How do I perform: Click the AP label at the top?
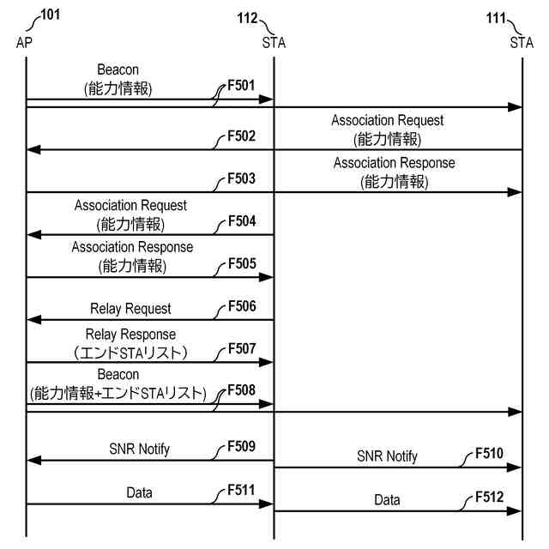[25, 41]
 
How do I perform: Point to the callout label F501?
[241, 87]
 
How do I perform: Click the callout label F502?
[241, 136]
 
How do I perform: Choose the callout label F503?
[241, 178]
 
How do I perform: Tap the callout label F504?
[241, 220]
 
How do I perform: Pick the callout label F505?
[241, 263]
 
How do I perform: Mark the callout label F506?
[241, 305]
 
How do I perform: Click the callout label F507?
[241, 348]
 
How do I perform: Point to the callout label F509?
[241, 447]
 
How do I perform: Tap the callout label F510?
[490, 454]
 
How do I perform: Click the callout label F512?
[490, 497]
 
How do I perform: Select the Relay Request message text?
[130, 309]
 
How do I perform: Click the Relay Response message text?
[130, 334]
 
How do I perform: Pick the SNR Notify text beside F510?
[387, 456]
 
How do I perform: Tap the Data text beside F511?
[139, 493]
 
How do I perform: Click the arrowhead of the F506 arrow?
[33, 319]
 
